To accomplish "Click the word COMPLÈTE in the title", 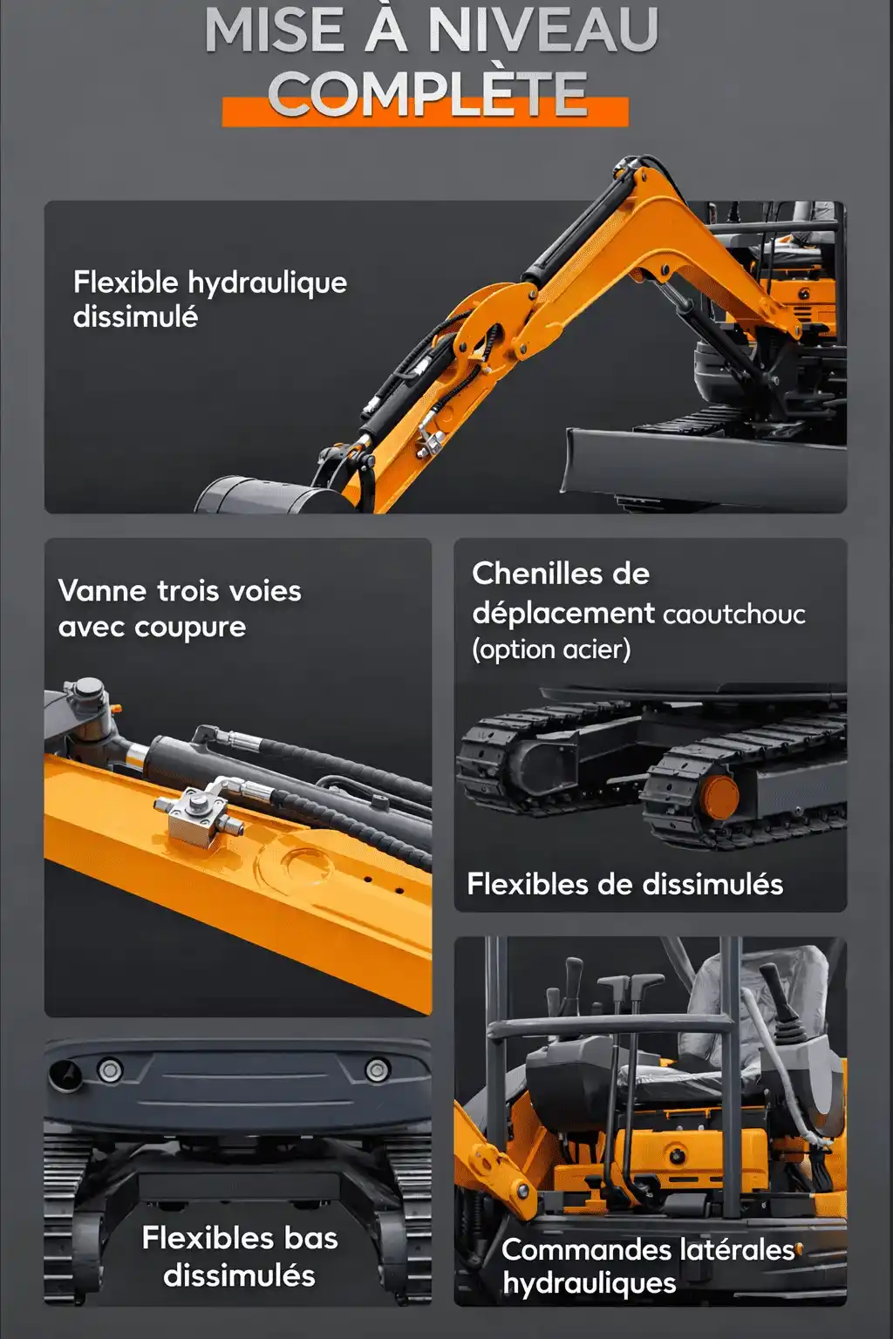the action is [427, 93].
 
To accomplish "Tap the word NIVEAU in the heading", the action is [543, 31].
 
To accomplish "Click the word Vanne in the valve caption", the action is [102, 591].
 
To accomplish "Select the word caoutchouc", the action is [734, 615].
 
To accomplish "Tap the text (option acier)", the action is [551, 650].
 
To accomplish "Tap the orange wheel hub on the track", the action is [720, 797].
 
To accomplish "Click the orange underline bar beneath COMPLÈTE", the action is [426, 112].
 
